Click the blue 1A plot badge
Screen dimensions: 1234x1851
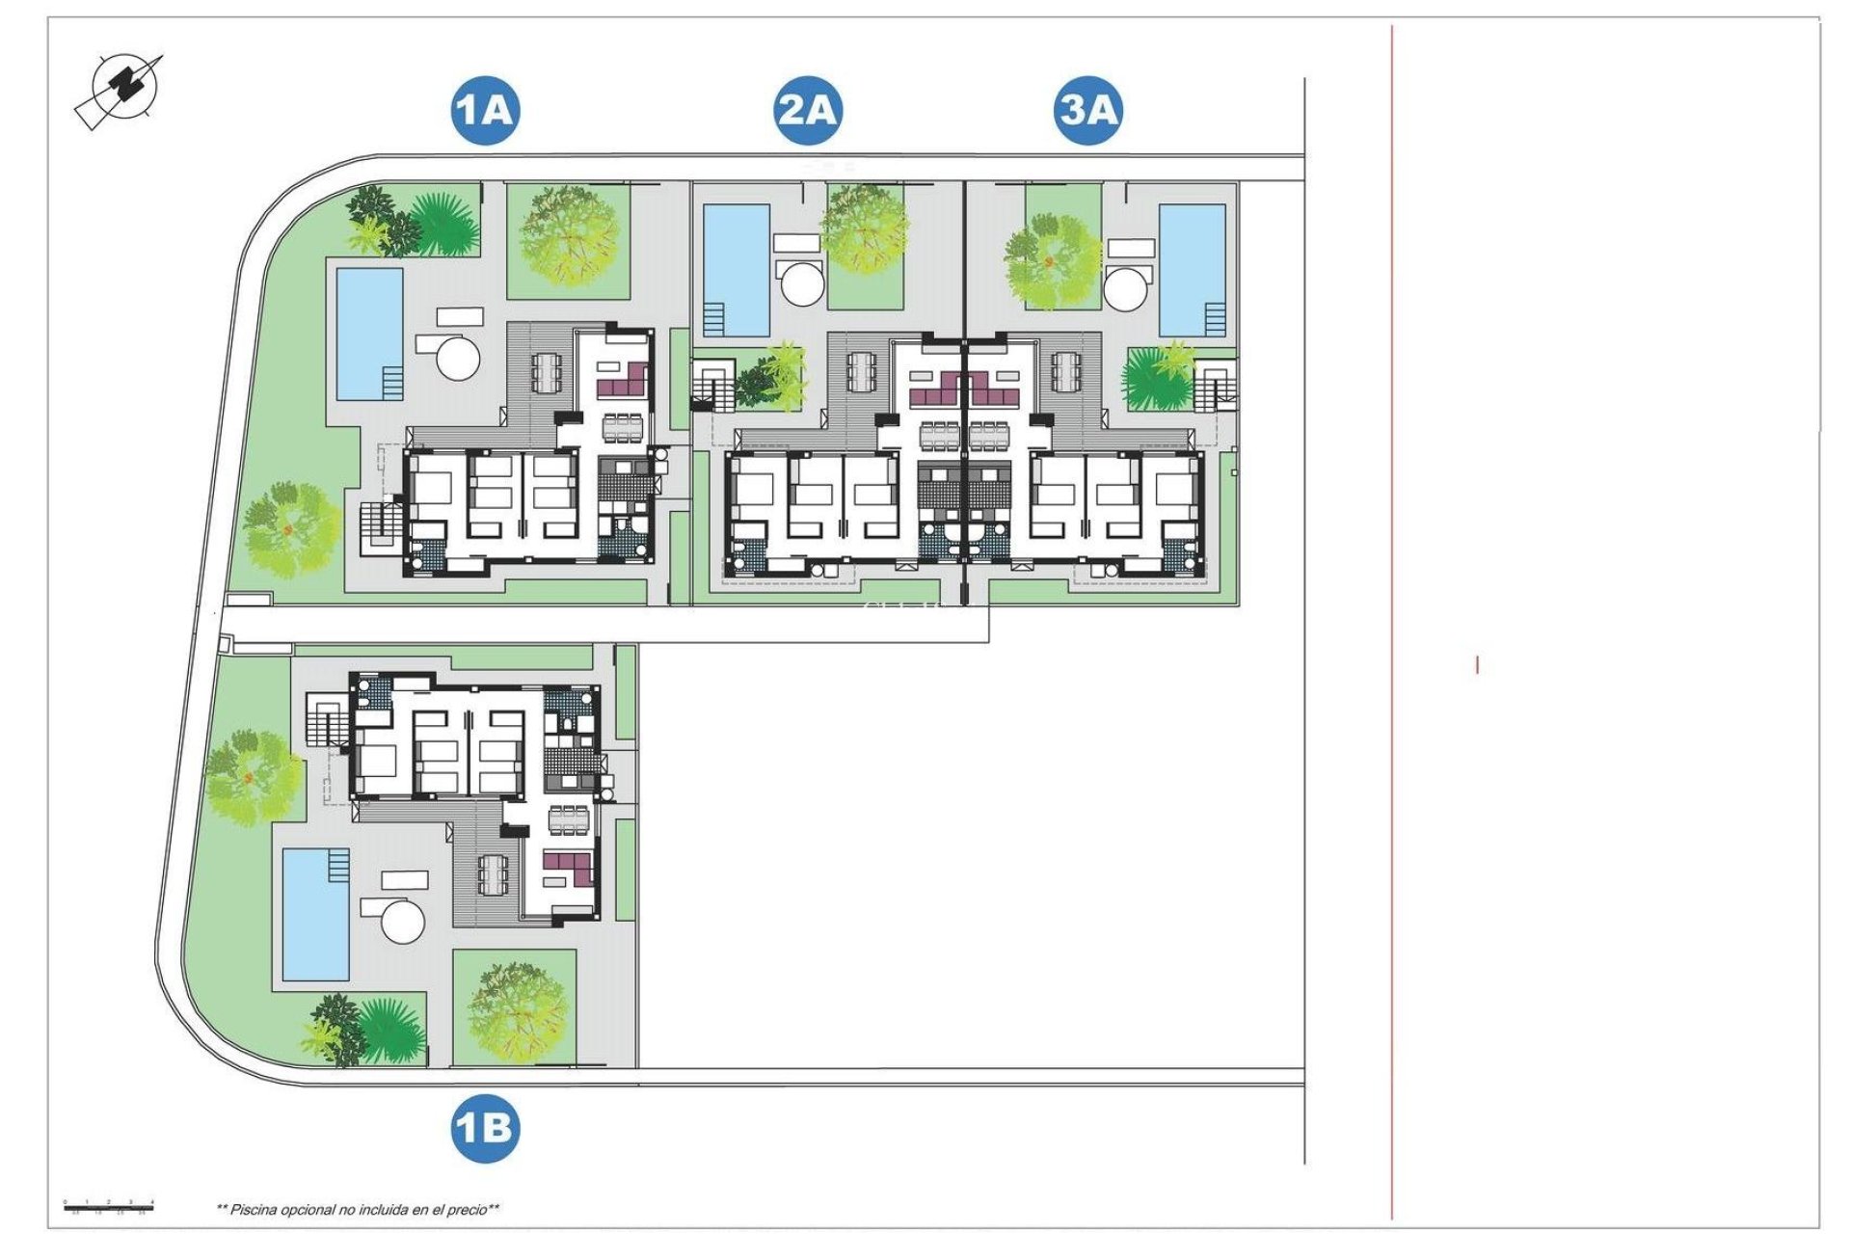(x=485, y=110)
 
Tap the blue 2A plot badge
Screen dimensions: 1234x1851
(x=808, y=110)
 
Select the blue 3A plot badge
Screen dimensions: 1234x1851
(x=1087, y=110)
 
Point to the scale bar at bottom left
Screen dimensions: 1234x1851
(x=108, y=1205)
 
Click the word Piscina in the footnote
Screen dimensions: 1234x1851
(x=254, y=1209)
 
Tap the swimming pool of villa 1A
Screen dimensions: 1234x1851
(x=368, y=333)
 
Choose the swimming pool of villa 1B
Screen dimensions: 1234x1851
(x=315, y=914)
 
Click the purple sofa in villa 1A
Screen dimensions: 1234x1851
(x=623, y=382)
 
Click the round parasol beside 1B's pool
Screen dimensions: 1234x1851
(x=403, y=922)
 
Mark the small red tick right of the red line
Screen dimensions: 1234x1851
(x=1477, y=664)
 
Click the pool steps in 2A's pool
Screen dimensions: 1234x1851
(x=714, y=316)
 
